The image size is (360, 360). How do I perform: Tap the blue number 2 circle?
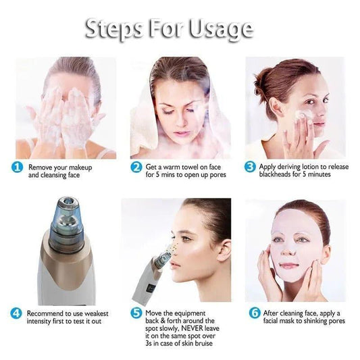click(x=136, y=167)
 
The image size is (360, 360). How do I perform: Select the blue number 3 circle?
click(x=250, y=167)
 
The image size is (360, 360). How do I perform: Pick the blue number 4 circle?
click(x=17, y=313)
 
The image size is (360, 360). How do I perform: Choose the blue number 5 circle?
click(x=136, y=313)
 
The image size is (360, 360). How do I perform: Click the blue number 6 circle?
click(x=255, y=313)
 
